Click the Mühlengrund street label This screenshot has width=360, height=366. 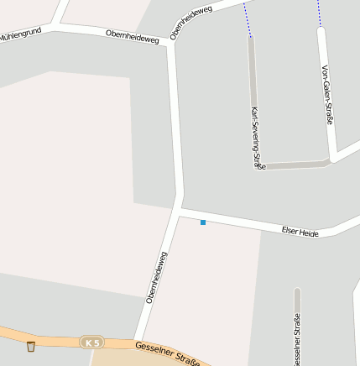(20, 35)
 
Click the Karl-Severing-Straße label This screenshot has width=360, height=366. (257, 139)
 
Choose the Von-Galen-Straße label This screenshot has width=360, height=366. (327, 94)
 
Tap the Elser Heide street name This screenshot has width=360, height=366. (300, 231)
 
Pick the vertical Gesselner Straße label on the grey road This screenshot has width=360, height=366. (296, 340)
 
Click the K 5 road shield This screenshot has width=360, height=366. (91, 342)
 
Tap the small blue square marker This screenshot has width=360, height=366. (203, 222)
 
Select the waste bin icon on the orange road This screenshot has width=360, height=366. (31, 346)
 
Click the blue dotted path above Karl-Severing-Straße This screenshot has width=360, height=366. (247, 19)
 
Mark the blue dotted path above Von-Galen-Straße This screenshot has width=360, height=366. (319, 11)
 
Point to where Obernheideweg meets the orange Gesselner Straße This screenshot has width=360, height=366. (139, 339)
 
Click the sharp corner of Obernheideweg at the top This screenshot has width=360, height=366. (171, 44)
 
